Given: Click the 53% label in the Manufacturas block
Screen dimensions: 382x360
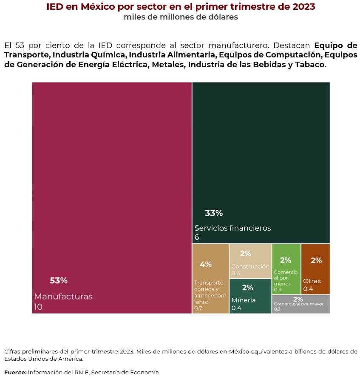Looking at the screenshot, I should tap(59, 281).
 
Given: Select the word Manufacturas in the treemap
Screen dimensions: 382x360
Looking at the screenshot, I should tap(63, 296).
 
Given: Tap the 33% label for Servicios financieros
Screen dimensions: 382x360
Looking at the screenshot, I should tap(214, 214).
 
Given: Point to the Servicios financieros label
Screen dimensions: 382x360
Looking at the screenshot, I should tap(232, 228).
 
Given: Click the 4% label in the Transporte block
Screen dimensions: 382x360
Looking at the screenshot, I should tap(206, 264).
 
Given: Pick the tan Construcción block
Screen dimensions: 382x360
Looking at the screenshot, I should tap(250, 261).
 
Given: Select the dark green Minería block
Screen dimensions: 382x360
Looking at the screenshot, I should tap(250, 296).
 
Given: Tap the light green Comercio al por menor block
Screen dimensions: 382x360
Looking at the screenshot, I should tap(286, 269).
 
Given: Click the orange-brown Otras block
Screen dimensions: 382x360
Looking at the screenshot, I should tap(315, 269).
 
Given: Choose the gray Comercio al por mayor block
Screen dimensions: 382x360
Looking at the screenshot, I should tap(300, 304).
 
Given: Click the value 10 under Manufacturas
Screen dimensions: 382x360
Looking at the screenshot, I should tap(38, 307).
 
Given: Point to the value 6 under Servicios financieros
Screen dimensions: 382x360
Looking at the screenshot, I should tap(197, 237).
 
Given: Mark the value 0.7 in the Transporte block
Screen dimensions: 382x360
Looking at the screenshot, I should tap(198, 308).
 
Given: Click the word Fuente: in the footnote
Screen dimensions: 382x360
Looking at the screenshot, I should tap(15, 373).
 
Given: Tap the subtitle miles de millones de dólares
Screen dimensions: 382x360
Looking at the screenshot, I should tap(181, 17).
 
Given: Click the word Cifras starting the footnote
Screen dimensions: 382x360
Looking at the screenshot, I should tap(13, 351).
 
